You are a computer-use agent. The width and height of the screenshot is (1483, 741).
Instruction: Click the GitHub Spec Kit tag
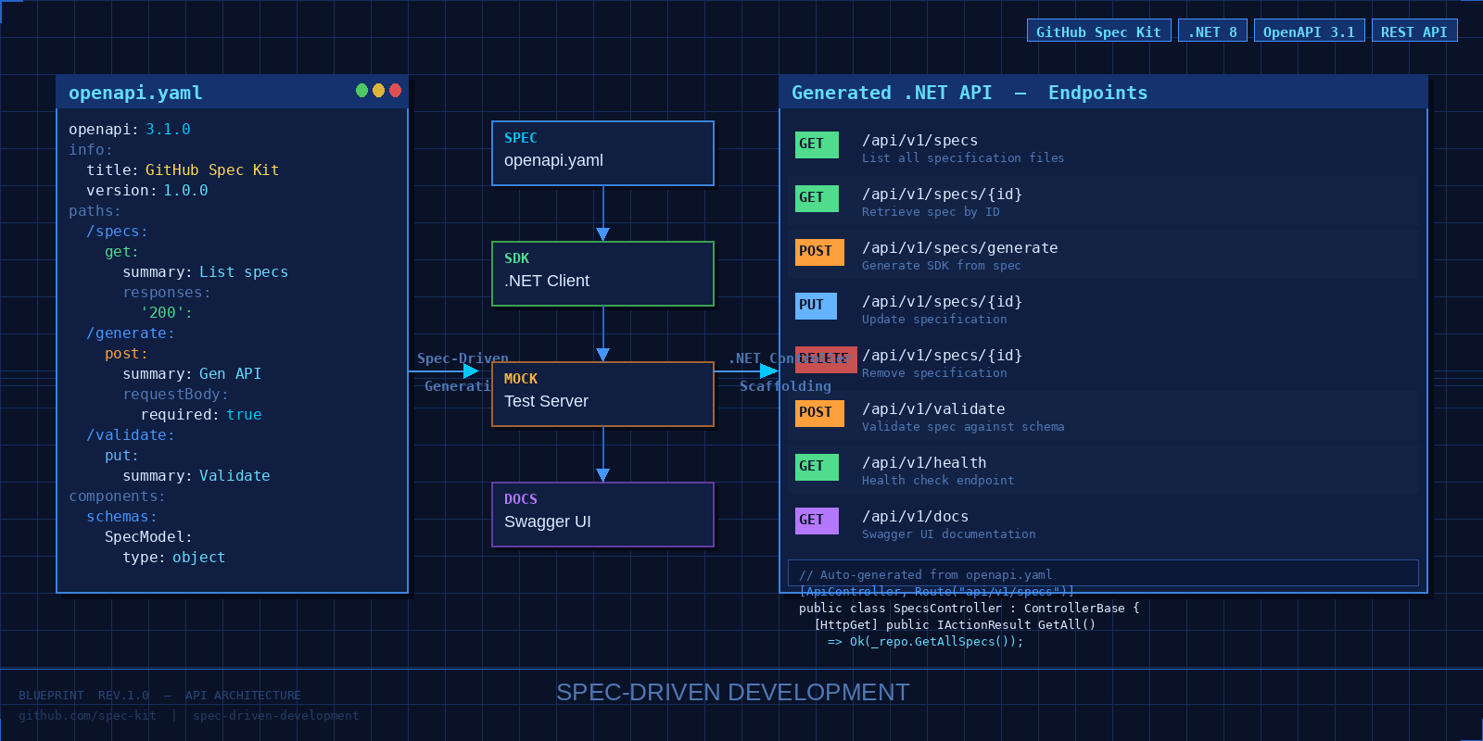[x=1098, y=31]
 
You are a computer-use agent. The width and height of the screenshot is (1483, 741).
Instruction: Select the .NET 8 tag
[x=1212, y=31]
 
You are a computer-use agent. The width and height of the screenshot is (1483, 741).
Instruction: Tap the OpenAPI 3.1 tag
[x=1309, y=31]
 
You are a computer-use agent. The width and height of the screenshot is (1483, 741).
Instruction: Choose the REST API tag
[x=1414, y=31]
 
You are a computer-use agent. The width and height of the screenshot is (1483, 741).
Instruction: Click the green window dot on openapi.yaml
[x=361, y=90]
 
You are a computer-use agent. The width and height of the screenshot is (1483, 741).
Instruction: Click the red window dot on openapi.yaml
[x=396, y=90]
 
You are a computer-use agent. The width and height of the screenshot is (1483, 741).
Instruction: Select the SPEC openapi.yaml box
[x=602, y=153]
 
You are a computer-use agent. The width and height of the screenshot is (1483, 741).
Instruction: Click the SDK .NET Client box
[x=602, y=273]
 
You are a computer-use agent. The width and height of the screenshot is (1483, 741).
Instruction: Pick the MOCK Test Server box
[x=602, y=394]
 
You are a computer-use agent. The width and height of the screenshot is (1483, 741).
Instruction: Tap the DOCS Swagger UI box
[x=602, y=514]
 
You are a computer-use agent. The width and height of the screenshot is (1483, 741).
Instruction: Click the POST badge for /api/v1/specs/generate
[x=819, y=252]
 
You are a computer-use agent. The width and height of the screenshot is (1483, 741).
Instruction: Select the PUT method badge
[x=816, y=306]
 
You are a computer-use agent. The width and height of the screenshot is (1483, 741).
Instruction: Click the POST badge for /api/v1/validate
[x=819, y=413]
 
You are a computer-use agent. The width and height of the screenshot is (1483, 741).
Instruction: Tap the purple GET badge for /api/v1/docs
[x=816, y=521]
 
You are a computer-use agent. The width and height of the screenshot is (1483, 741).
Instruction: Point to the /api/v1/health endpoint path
[x=924, y=463]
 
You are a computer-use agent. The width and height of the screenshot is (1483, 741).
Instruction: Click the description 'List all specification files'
[x=963, y=158]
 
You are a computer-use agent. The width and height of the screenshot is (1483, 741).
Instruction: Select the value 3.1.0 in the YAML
[x=168, y=130]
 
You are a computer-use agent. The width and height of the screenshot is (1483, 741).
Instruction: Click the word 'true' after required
[x=244, y=415]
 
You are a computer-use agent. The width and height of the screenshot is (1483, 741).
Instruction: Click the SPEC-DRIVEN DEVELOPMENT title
[x=732, y=692]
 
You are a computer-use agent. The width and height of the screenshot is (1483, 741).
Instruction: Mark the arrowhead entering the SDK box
[x=602, y=234]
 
